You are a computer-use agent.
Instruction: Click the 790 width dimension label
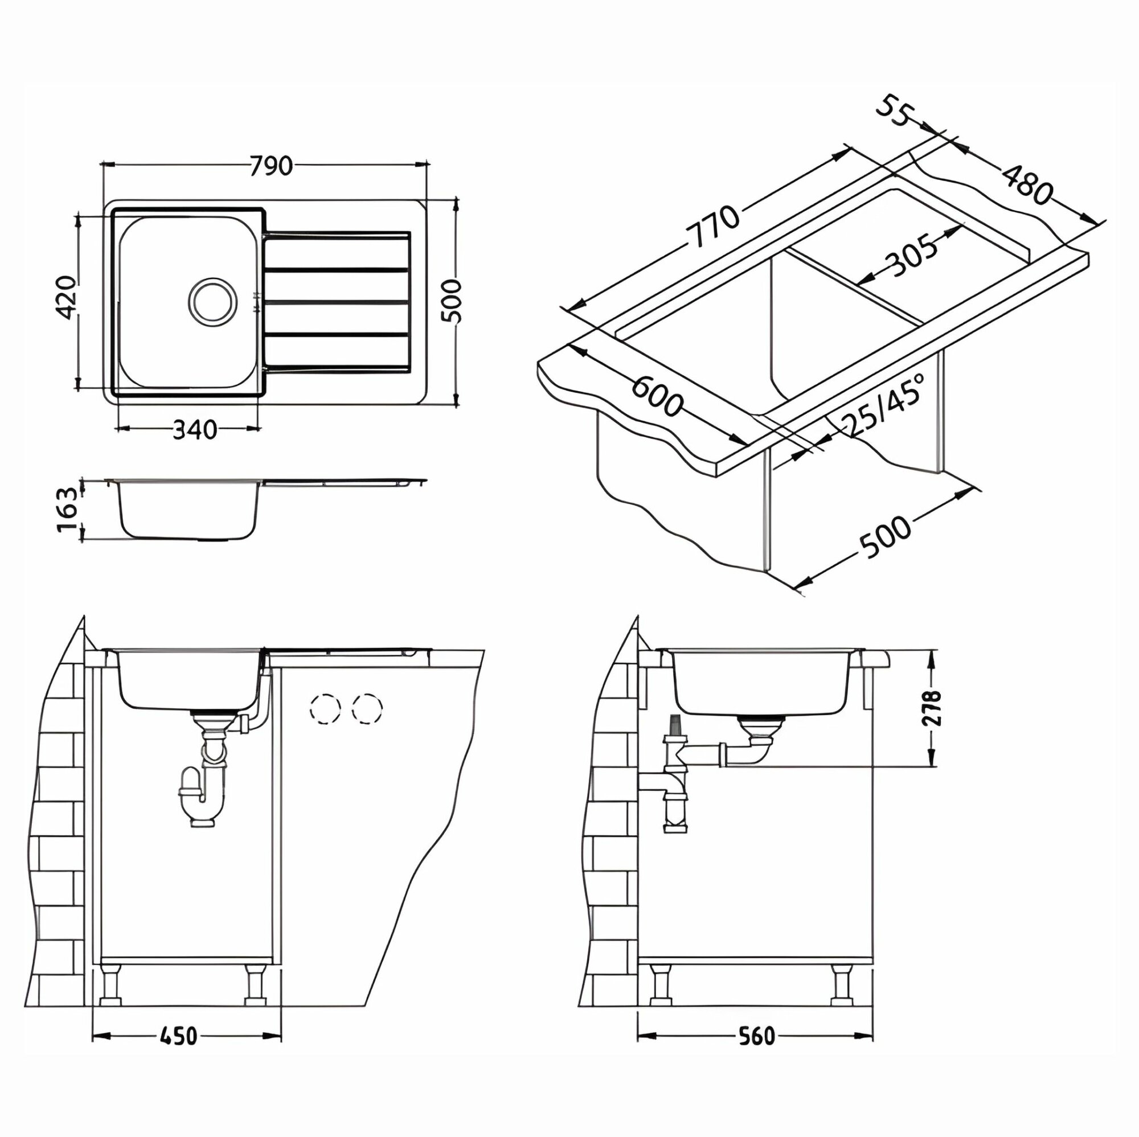click(x=271, y=166)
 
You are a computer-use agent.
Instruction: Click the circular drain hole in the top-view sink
click(x=213, y=299)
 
